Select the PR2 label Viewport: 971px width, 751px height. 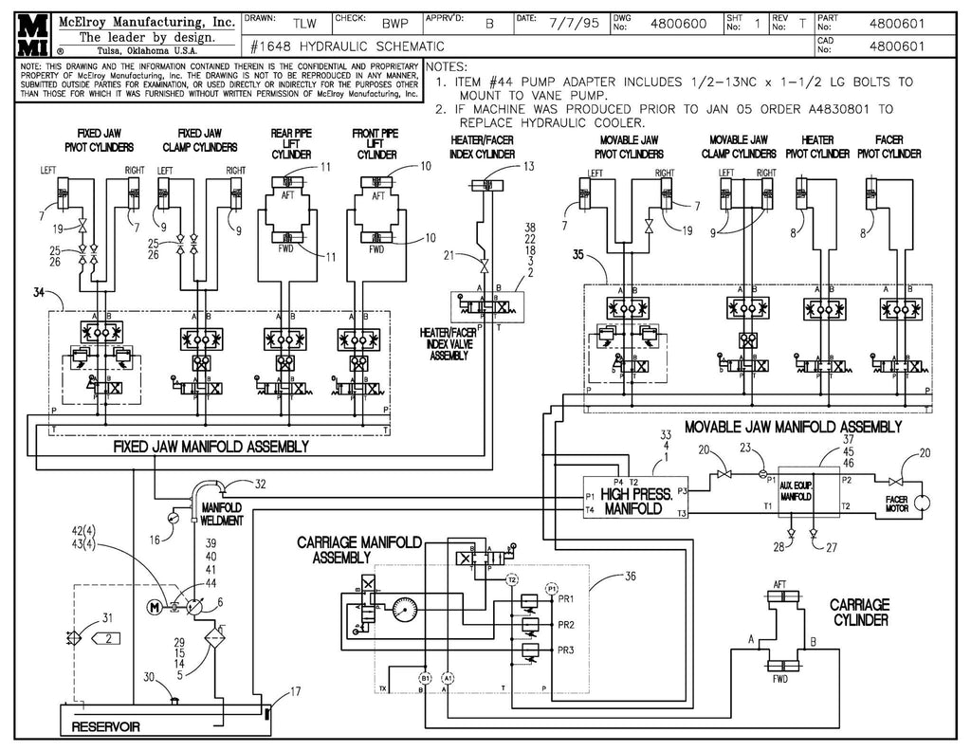click(567, 626)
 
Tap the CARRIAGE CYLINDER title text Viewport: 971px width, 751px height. click(859, 612)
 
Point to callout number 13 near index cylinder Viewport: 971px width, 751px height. click(528, 167)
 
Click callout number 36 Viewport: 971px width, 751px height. click(632, 575)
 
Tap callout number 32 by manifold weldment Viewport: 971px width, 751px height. click(261, 485)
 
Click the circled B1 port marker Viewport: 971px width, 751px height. click(426, 676)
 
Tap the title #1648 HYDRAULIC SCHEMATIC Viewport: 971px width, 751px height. click(347, 46)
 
